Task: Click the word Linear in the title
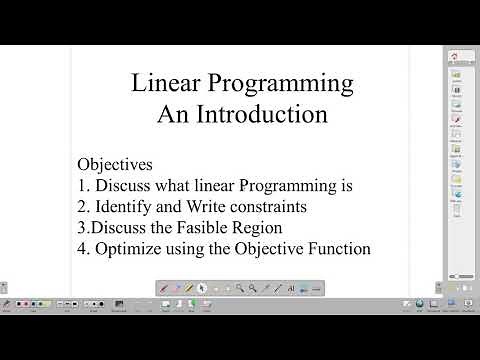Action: pyautogui.click(x=163, y=82)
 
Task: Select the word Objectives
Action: pyautogui.click(x=117, y=163)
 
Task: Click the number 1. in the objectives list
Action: pyautogui.click(x=83, y=185)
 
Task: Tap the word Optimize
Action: pyautogui.click(x=129, y=249)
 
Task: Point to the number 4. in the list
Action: pyautogui.click(x=83, y=249)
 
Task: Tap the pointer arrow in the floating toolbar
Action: pyautogui.click(x=203, y=288)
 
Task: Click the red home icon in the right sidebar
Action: pyautogui.click(x=455, y=56)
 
